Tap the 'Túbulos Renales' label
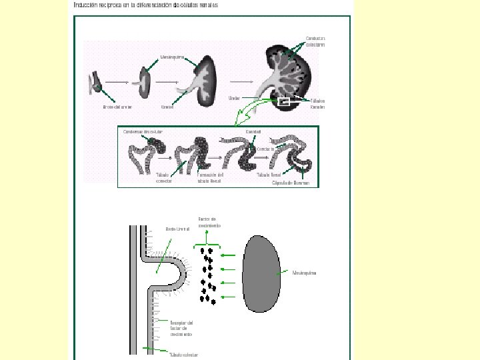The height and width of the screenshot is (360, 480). pyautogui.click(x=317, y=103)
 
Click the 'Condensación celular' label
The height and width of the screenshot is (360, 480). pyautogui.click(x=142, y=131)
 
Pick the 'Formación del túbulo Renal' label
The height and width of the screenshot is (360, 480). pyautogui.click(x=209, y=178)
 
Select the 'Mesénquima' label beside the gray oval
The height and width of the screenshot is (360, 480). pyautogui.click(x=305, y=273)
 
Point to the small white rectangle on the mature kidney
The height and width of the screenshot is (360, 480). pyautogui.click(x=285, y=103)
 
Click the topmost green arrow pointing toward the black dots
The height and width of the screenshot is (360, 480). pyautogui.click(x=229, y=255)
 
